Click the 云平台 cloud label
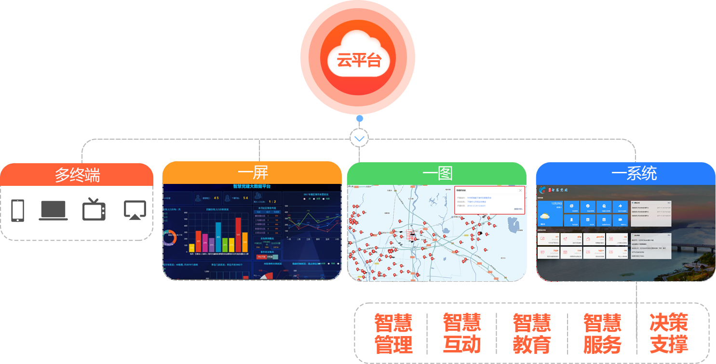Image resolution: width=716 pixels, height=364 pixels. click(x=358, y=61)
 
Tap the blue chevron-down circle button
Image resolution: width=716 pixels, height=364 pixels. click(x=359, y=139)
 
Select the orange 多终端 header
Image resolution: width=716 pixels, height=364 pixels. click(x=77, y=174)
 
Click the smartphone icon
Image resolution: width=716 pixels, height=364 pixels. click(x=18, y=210)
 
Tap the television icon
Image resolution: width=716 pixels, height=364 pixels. click(x=94, y=209)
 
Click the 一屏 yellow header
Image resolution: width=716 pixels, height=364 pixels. click(x=252, y=173)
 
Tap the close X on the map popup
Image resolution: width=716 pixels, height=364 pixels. click(x=520, y=190)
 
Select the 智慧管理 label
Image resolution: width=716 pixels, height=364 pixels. click(x=393, y=334)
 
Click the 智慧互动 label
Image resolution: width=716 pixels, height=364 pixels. click(x=462, y=334)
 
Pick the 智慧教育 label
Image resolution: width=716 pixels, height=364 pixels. click(x=531, y=334)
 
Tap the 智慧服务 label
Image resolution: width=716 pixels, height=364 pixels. click(x=602, y=334)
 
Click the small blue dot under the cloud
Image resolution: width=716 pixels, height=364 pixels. click(x=359, y=118)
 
